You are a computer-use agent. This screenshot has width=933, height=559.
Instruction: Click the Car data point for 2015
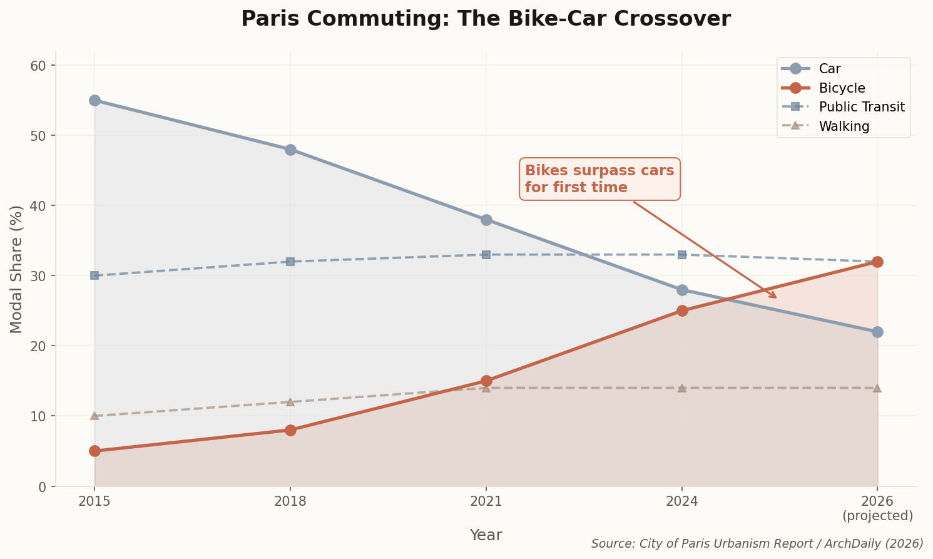[x=94, y=100]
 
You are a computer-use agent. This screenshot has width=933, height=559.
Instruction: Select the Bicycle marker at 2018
[x=290, y=430]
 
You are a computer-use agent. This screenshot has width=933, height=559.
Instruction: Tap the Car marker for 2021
[x=486, y=220]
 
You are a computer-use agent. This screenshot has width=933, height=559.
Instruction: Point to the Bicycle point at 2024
[x=682, y=310]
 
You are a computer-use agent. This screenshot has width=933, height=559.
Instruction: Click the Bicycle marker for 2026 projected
[x=877, y=262]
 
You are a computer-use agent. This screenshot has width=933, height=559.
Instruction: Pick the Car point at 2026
[x=877, y=332]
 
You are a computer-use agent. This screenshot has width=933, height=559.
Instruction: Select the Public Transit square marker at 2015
[x=94, y=275]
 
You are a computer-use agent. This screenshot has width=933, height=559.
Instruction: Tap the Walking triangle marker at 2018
[x=290, y=401]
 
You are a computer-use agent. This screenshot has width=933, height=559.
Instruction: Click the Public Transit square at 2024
[x=682, y=255]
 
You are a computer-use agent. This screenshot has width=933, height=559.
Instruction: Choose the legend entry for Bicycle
[x=842, y=88]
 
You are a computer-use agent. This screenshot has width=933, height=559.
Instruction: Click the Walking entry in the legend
[x=844, y=126]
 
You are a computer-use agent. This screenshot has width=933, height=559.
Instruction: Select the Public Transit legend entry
[x=861, y=107]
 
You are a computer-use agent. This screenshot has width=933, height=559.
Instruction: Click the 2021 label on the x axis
[x=486, y=501]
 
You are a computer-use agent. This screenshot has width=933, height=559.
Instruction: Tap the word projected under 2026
[x=877, y=516]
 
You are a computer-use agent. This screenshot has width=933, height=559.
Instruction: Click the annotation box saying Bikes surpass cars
[x=599, y=179]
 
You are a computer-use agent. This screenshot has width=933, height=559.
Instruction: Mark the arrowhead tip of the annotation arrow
[x=776, y=298]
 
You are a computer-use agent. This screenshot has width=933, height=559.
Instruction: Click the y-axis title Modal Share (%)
[x=16, y=269]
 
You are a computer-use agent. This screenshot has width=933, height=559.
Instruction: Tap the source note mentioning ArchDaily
[x=757, y=543]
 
